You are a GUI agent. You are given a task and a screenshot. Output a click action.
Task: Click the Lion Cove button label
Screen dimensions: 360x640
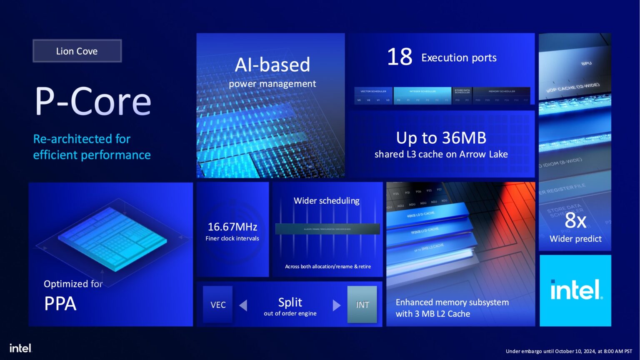coord(77,51)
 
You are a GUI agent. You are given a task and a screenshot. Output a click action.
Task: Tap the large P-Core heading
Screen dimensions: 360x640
coord(93,101)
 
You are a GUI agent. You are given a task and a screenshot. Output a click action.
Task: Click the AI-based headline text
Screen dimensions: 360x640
coord(272,65)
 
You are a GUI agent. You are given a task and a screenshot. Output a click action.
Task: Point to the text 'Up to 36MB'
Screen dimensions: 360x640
coord(441,138)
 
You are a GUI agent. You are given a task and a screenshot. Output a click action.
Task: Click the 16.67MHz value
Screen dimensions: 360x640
coord(232,227)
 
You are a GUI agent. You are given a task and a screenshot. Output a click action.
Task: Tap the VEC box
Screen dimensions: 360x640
coord(218,305)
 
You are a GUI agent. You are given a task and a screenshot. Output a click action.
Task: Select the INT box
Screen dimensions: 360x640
coord(362,305)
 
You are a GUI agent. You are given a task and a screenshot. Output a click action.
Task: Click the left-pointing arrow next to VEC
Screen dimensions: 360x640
coord(243,305)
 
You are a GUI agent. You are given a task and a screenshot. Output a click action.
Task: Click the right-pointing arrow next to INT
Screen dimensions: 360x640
coord(336,305)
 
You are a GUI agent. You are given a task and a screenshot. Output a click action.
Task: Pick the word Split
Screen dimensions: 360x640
coord(290,302)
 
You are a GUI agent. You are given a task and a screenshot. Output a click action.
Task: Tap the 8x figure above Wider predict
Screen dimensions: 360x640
coord(575,220)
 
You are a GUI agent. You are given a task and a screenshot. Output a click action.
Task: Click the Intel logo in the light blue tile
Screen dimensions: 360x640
coord(576,290)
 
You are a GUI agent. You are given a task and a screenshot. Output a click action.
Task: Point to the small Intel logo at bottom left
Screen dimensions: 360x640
coord(20,348)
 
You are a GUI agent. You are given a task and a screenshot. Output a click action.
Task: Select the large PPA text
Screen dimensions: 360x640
coord(60,304)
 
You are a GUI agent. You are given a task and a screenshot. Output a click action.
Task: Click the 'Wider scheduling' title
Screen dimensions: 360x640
coord(326,201)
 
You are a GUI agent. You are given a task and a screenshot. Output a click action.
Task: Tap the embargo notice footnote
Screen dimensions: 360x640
coord(568,351)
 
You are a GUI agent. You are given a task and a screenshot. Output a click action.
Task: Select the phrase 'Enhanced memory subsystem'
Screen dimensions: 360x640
coord(452,302)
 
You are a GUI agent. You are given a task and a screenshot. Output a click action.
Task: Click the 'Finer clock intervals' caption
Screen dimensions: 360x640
coord(232,238)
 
